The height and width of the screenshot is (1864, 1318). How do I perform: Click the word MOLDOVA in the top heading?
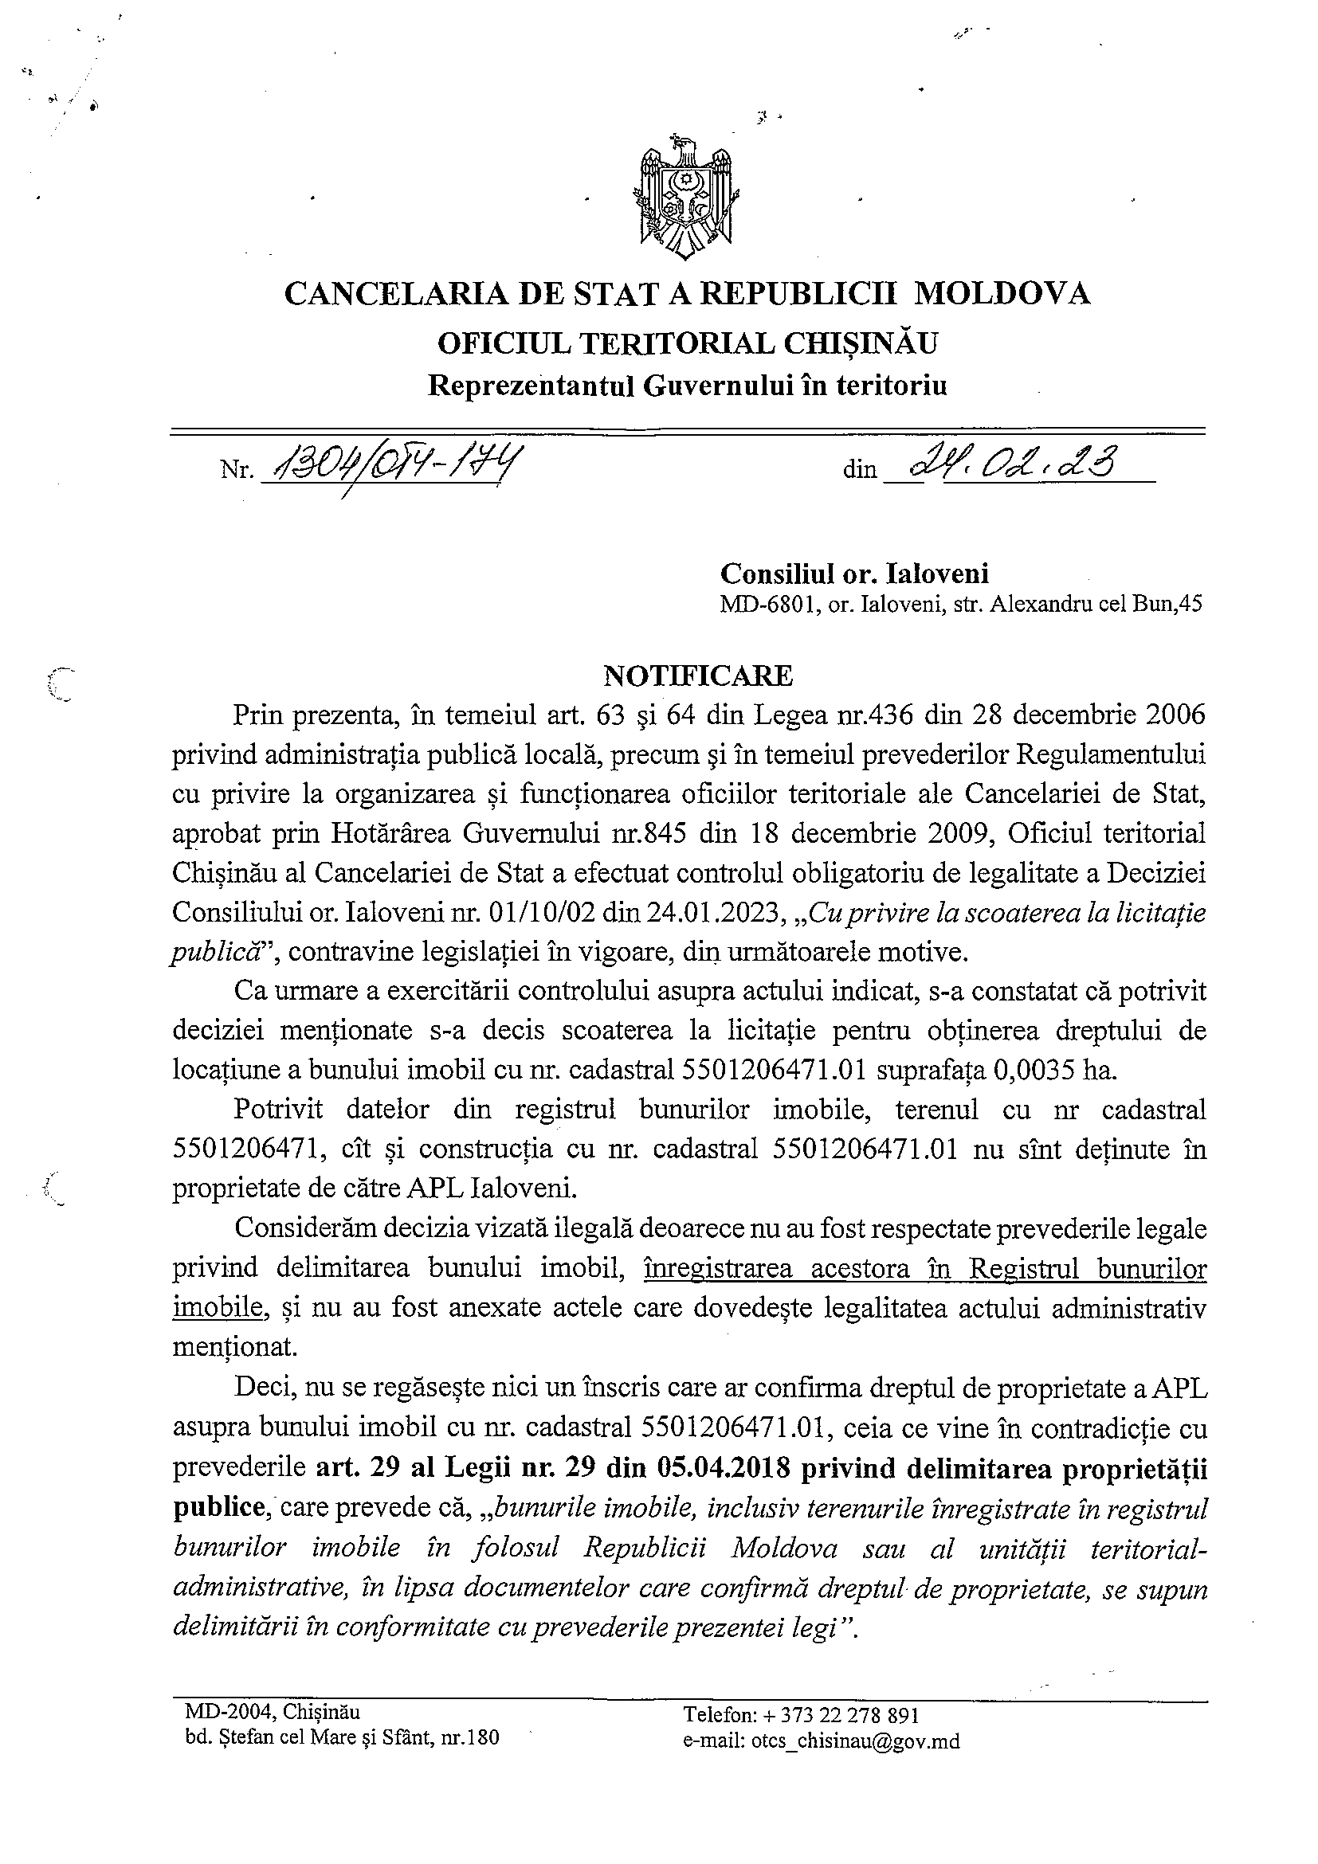[1002, 293]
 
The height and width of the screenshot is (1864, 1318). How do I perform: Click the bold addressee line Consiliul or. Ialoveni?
[854, 574]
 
